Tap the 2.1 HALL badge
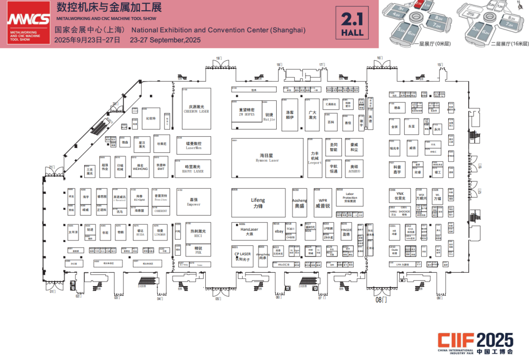[353, 24]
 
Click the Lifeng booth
[258, 202]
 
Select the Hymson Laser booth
[267, 157]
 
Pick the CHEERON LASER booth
[196, 108]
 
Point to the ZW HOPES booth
[247, 112]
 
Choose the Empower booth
[193, 202]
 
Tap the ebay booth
[279, 231]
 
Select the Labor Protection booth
[350, 198]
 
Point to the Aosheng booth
[299, 202]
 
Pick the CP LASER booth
[242, 256]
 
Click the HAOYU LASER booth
[193, 168]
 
